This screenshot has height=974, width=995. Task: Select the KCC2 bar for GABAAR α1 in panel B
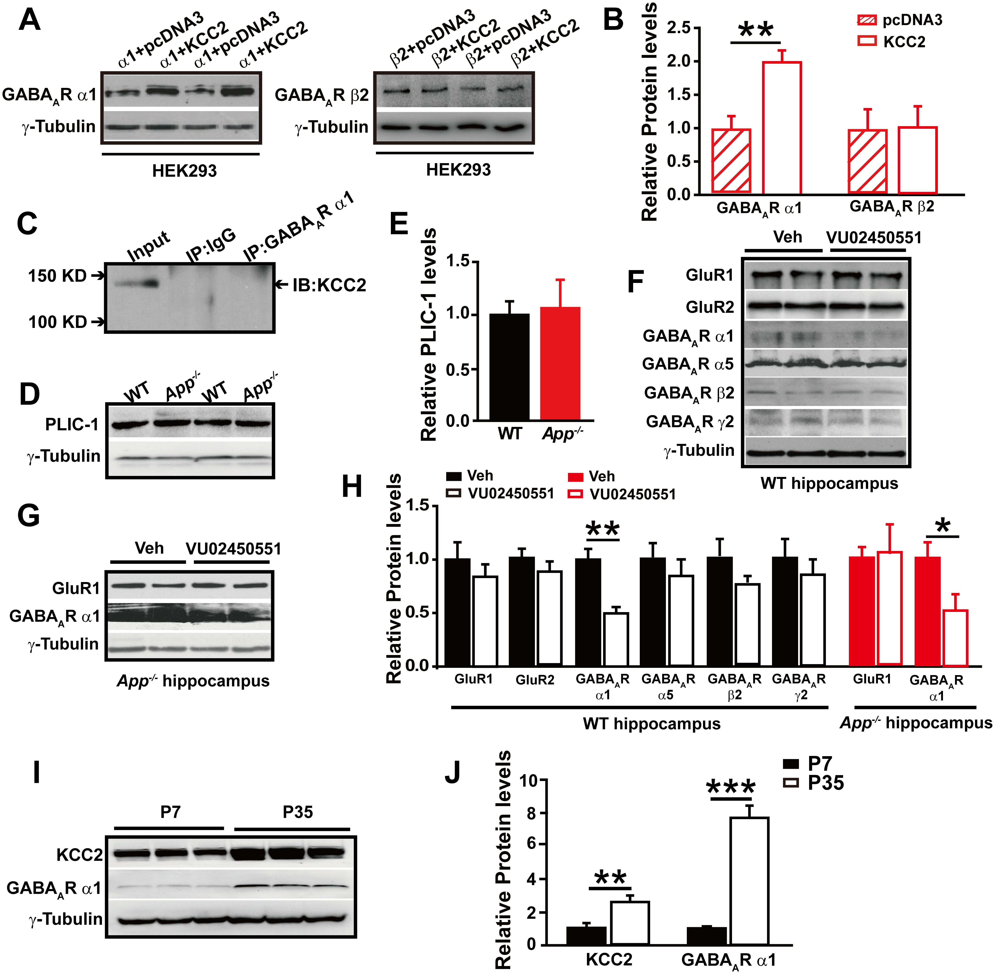pyautogui.click(x=782, y=128)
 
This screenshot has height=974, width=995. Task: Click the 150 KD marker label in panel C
pyautogui.click(x=57, y=276)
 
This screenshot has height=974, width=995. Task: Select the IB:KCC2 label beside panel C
pyautogui.click(x=329, y=285)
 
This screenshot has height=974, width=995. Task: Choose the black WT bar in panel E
pyautogui.click(x=510, y=367)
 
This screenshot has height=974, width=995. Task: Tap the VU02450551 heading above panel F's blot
pyautogui.click(x=874, y=237)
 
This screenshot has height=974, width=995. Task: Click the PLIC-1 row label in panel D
pyautogui.click(x=72, y=425)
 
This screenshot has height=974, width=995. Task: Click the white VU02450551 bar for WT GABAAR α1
pyautogui.click(x=616, y=639)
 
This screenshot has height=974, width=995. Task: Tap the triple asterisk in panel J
pyautogui.click(x=731, y=788)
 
